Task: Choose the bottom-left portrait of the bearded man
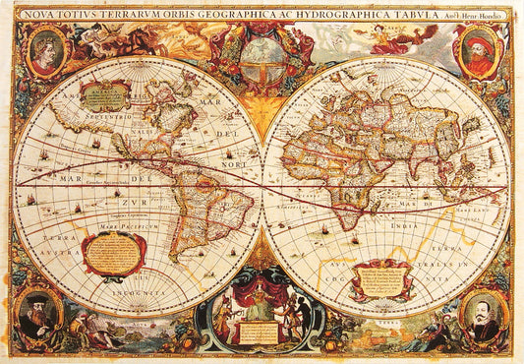click(x=39, y=314)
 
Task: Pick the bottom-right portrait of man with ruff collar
click(x=483, y=316)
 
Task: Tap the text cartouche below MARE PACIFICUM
click(x=114, y=252)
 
